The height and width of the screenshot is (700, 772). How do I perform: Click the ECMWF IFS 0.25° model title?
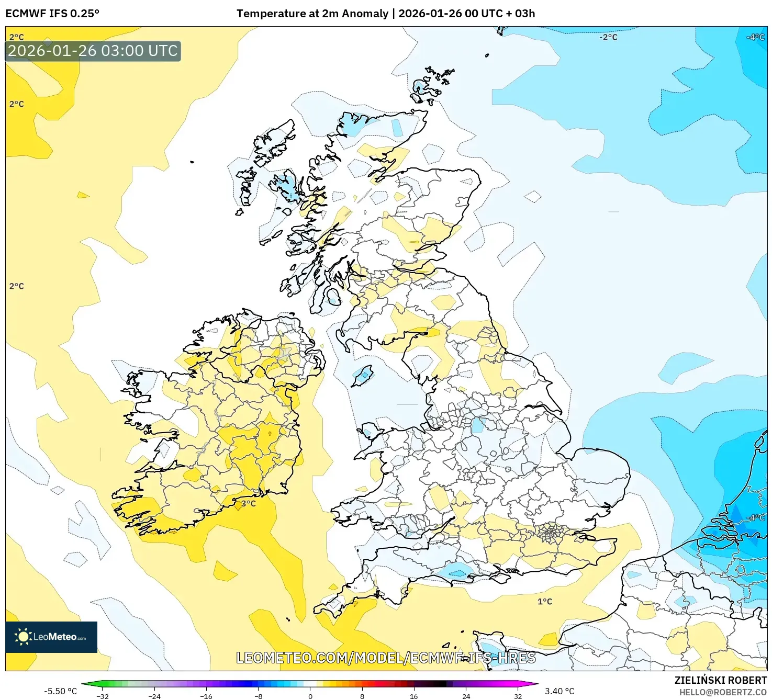coord(52,14)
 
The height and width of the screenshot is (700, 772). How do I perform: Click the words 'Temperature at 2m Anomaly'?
coord(312,14)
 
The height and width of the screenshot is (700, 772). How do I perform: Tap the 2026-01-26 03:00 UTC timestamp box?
coord(93,51)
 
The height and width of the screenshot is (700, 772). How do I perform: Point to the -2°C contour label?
coord(608,37)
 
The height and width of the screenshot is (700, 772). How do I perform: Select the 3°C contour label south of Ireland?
coord(248,504)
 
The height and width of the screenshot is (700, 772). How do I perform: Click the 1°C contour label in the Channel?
coord(545,602)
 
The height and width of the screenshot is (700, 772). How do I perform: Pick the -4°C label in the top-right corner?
coord(756,37)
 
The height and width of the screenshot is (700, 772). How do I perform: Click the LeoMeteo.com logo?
coord(51,637)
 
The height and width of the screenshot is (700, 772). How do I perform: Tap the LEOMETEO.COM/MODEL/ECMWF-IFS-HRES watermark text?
coord(386,658)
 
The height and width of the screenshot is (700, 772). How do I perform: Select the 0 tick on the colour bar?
coord(310,696)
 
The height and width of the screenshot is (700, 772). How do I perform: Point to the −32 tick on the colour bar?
coord(103,696)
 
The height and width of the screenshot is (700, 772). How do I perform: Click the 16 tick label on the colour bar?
coord(414,696)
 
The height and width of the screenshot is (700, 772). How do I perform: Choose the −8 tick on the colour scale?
coord(258,696)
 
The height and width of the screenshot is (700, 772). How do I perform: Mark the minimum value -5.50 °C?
coord(60,691)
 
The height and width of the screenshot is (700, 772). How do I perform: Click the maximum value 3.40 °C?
coord(560,691)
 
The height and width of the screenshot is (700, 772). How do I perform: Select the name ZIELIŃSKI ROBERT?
coord(720,680)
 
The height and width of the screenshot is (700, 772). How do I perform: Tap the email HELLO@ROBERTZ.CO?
coord(723,692)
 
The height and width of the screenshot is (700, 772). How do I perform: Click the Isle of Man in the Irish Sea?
coord(362,376)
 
